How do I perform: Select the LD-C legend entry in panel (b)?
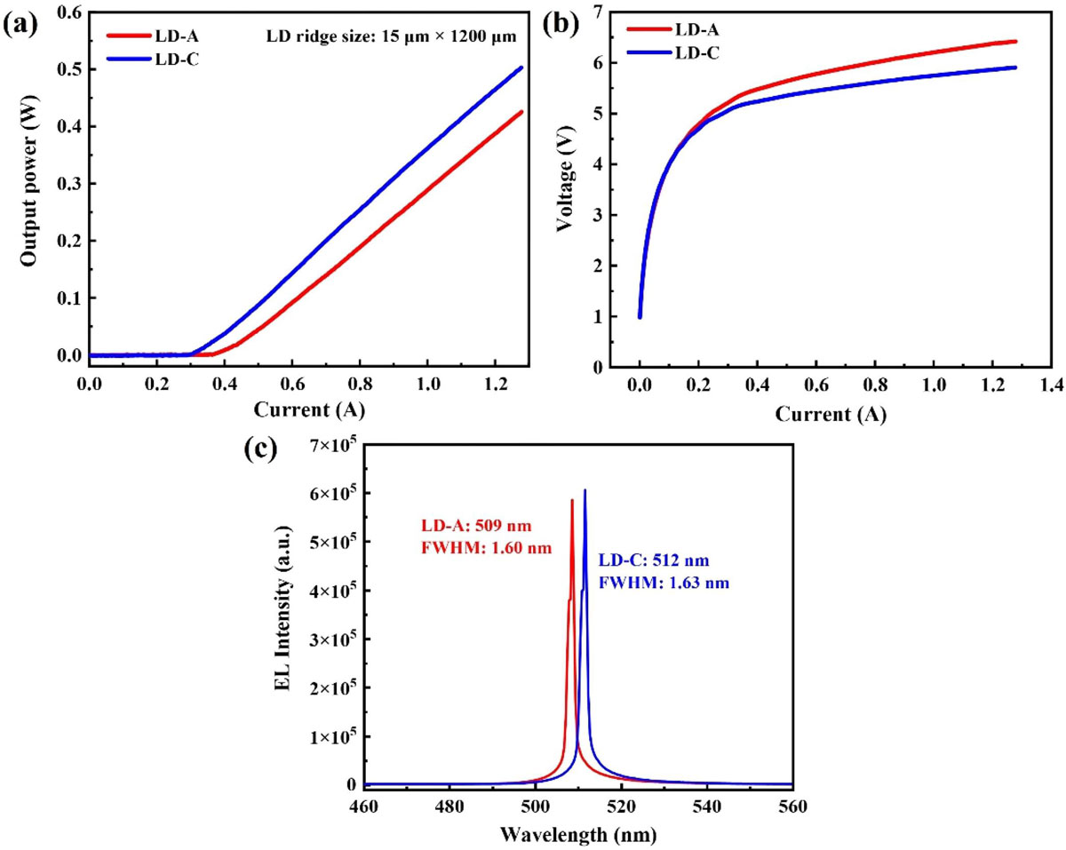696,53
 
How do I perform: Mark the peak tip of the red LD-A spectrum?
572,500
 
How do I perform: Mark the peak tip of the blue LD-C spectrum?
585,490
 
